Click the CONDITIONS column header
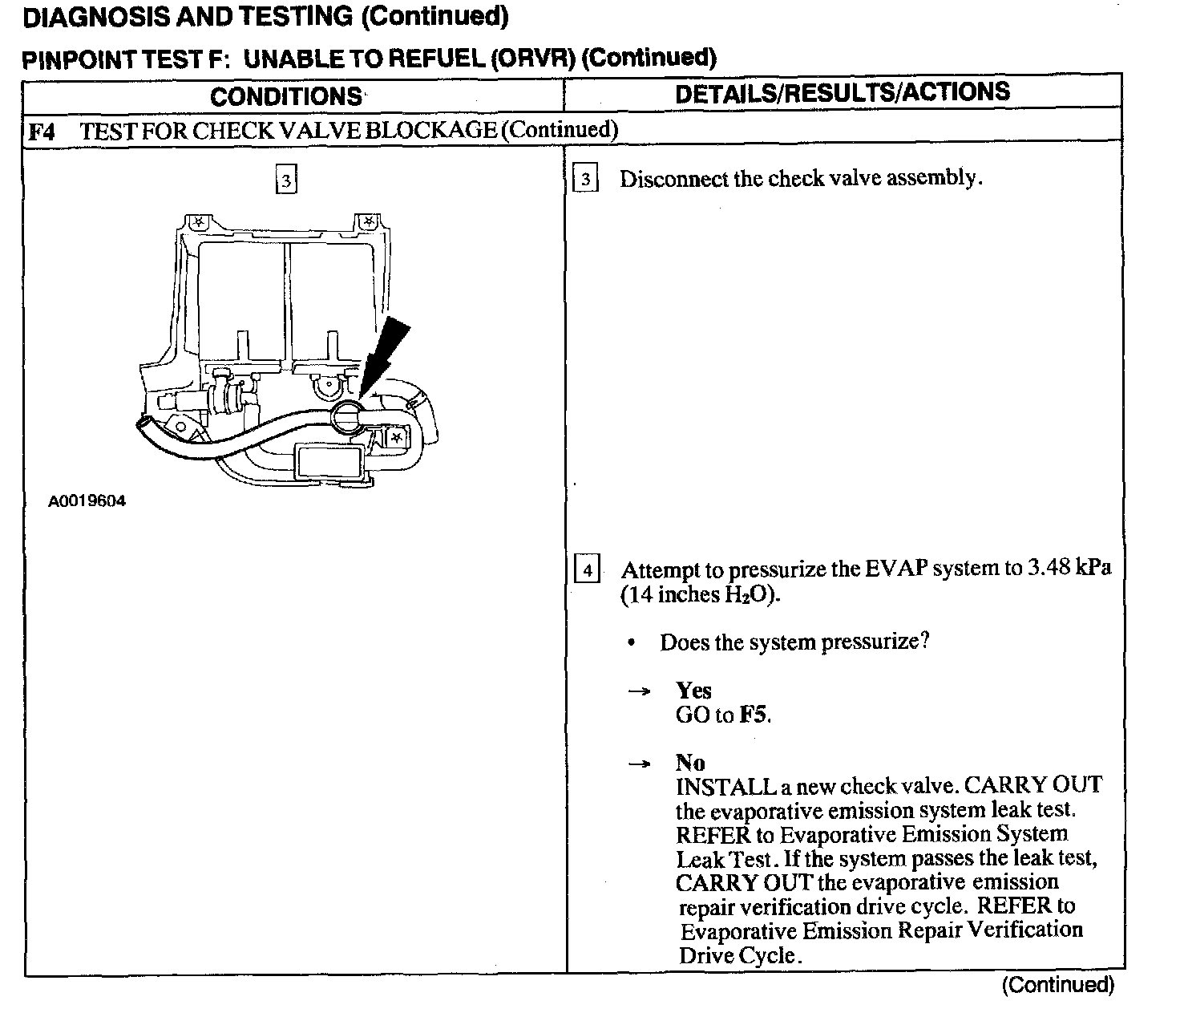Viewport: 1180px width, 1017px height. pos(286,96)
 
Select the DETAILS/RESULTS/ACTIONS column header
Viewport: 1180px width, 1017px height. pos(843,92)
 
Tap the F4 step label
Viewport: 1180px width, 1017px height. pos(42,131)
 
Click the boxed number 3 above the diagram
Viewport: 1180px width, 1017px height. pos(285,180)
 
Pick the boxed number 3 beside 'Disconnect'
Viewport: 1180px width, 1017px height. pos(586,179)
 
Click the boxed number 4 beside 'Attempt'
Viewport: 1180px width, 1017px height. pos(588,570)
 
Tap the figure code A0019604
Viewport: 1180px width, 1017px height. pos(87,501)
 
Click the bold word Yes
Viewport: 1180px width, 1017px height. pos(693,691)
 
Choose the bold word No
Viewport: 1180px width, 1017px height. pos(689,762)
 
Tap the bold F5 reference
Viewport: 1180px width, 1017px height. pos(753,715)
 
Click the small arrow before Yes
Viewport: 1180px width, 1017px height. pos(639,691)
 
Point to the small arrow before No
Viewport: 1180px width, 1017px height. pos(639,764)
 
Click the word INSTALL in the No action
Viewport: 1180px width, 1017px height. pos(725,786)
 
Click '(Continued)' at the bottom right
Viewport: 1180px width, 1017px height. pos(1057,985)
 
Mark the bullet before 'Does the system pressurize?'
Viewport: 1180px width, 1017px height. pos(632,643)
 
